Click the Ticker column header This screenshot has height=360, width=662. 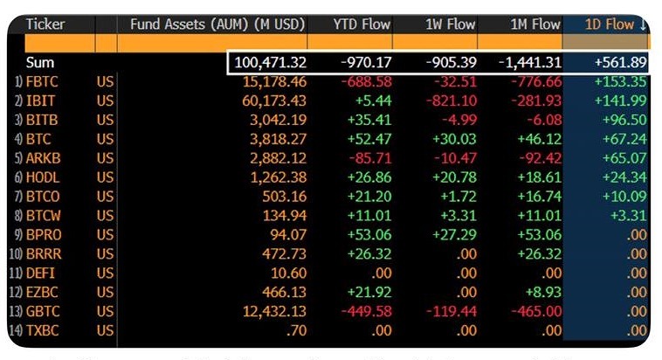[45, 24]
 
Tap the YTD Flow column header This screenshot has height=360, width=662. [354, 24]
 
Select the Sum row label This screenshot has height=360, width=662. [40, 63]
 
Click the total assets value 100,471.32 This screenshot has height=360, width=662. [270, 63]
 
